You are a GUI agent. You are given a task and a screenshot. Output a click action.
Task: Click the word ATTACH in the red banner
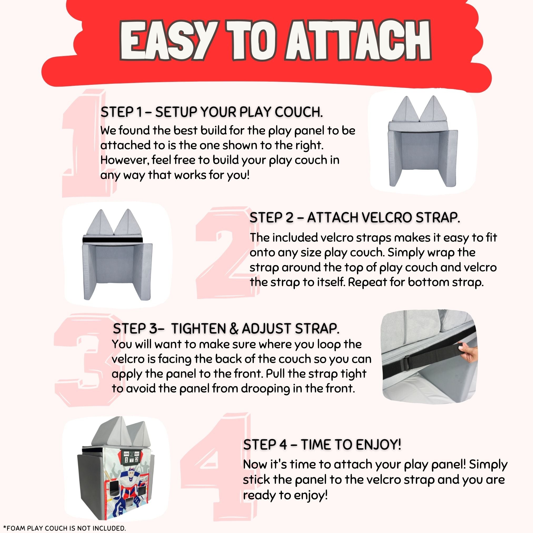pyautogui.click(x=359, y=41)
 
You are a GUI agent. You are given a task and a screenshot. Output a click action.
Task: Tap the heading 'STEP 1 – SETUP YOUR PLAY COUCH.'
pyautogui.click(x=212, y=112)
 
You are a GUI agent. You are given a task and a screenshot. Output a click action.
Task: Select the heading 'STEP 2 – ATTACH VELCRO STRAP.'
pyautogui.click(x=355, y=218)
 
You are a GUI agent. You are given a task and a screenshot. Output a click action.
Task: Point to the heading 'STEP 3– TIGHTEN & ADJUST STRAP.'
pyautogui.click(x=226, y=328)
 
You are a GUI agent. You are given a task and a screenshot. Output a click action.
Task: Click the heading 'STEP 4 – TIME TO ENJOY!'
pyautogui.click(x=322, y=445)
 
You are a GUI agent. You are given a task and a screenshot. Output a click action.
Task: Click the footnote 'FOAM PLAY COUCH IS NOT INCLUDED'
pyautogui.click(x=64, y=528)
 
